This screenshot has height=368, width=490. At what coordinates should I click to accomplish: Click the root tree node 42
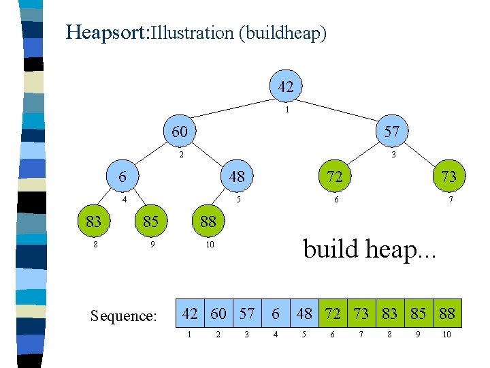pyautogui.click(x=286, y=87)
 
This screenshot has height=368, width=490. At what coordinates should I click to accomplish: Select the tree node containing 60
pyautogui.click(x=180, y=131)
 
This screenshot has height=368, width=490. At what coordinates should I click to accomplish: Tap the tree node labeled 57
pyautogui.click(x=392, y=131)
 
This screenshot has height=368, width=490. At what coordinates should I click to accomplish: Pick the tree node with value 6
pyautogui.click(x=123, y=177)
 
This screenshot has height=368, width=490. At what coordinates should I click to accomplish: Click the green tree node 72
pyautogui.click(x=333, y=177)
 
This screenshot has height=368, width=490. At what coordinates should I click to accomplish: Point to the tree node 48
pyautogui.click(x=236, y=177)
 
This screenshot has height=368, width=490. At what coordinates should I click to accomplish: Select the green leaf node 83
pyautogui.click(x=94, y=221)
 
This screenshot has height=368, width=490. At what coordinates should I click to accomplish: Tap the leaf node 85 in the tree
pyautogui.click(x=151, y=221)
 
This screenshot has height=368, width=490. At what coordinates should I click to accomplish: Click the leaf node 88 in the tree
pyautogui.click(x=208, y=221)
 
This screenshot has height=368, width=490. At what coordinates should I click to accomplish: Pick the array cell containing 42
pyautogui.click(x=191, y=313)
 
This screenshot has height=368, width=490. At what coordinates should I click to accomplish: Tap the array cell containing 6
pyautogui.click(x=276, y=313)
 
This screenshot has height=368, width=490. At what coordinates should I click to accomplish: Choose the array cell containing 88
pyautogui.click(x=446, y=313)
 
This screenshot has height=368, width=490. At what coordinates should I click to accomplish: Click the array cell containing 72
pyautogui.click(x=333, y=313)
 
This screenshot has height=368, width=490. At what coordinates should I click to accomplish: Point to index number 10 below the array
pyautogui.click(x=446, y=335)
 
